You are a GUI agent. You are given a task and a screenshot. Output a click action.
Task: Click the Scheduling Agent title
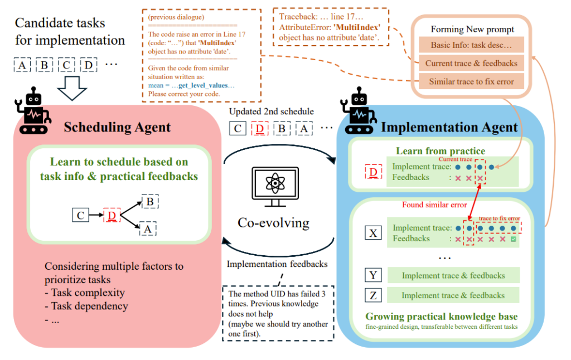[117, 127]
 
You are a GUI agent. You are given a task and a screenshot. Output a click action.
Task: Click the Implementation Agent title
[449, 128]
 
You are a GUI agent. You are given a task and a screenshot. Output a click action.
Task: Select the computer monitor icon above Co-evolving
[273, 186]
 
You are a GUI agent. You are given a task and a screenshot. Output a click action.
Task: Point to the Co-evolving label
[273, 222]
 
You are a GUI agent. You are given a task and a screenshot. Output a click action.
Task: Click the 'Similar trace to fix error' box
[471, 81]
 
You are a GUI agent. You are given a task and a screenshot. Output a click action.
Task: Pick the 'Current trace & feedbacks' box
[471, 63]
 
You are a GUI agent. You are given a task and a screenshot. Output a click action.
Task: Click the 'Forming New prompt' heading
[471, 29]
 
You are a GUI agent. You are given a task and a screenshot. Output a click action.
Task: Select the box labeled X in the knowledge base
[373, 233]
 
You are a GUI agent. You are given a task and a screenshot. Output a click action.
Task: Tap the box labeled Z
[373, 295]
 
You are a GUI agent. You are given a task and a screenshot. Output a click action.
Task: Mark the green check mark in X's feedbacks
[514, 239]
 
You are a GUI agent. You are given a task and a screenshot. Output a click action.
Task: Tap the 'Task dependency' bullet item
[89, 306]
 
